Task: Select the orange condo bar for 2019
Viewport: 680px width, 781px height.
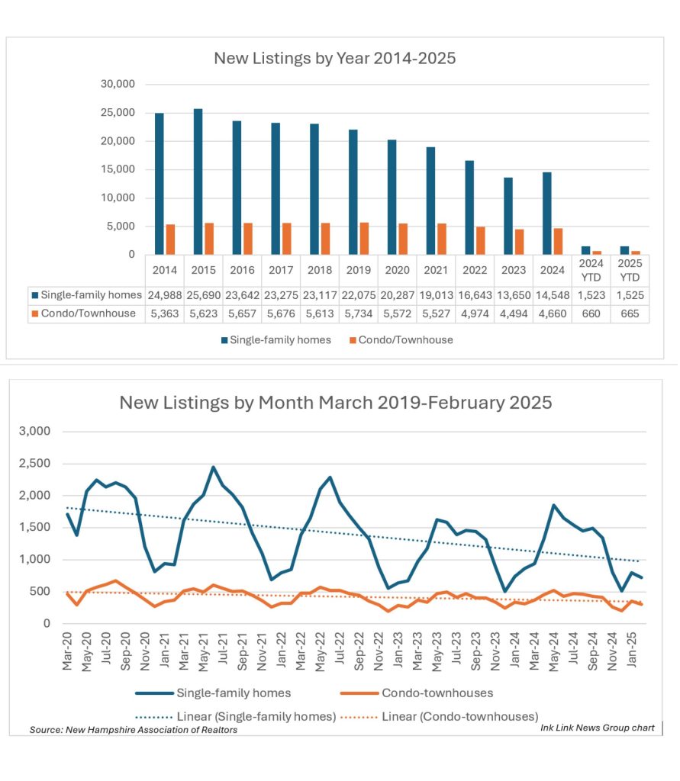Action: tap(365, 238)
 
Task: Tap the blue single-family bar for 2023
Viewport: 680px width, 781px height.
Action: tap(508, 216)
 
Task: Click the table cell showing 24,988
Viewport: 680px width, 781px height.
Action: tap(164, 295)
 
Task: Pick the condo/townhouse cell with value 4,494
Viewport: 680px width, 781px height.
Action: tap(513, 313)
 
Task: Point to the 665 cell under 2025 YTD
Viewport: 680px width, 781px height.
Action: tap(630, 313)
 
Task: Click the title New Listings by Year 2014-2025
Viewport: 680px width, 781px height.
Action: tap(334, 58)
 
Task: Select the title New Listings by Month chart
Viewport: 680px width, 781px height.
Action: tap(335, 402)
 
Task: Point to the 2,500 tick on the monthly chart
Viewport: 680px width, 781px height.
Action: tap(34, 464)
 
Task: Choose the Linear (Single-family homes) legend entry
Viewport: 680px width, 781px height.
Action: tap(237, 716)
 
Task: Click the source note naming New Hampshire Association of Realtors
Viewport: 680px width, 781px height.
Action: tap(134, 730)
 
